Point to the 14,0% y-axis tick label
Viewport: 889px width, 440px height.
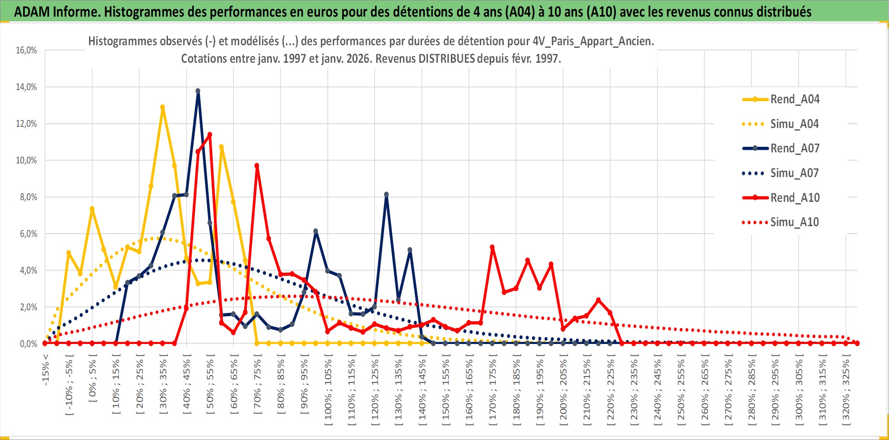point(26,87)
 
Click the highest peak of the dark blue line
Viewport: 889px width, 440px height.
point(198,91)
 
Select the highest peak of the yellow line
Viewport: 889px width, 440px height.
point(162,107)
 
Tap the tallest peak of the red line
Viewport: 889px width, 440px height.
point(210,135)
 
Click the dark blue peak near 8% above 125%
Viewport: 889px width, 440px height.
point(386,195)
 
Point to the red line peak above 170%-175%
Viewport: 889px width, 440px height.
point(492,247)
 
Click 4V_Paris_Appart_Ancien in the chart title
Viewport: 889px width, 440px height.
point(593,41)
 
